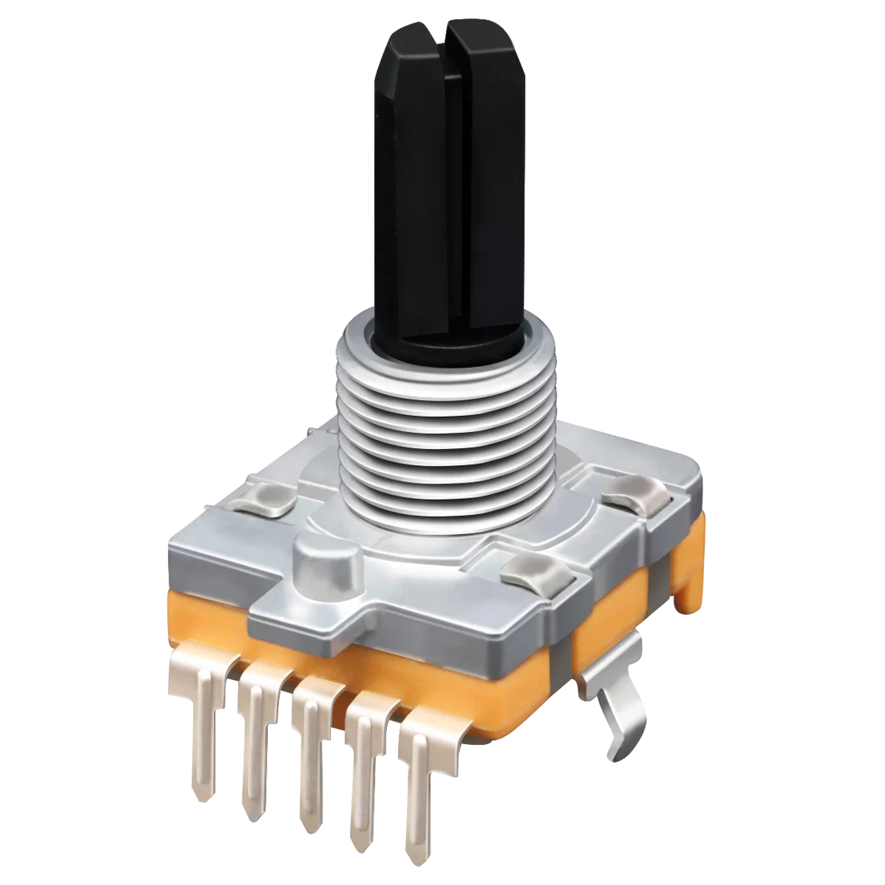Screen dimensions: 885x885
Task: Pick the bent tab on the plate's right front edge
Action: (534, 573)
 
